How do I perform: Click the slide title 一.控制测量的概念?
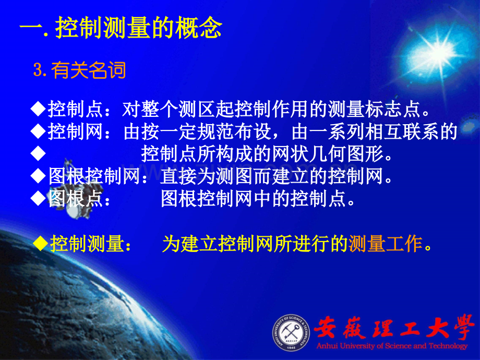tap(121, 28)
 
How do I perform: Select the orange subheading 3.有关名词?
tap(79, 70)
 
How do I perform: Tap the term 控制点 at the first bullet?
tap(75, 109)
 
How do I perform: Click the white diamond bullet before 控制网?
tap(38, 131)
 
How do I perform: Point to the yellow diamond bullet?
tap(40, 244)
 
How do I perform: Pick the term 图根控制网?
tap(94, 176)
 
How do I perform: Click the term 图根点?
tap(75, 199)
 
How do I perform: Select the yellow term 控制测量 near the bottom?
tap(87, 244)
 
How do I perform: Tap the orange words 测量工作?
tap(385, 244)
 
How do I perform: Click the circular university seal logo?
tap(291, 333)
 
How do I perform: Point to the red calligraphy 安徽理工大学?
tap(394, 328)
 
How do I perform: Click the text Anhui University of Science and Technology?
tap(392, 346)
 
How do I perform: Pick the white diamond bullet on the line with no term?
tap(38, 154)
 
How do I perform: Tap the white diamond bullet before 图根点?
tap(38, 199)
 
